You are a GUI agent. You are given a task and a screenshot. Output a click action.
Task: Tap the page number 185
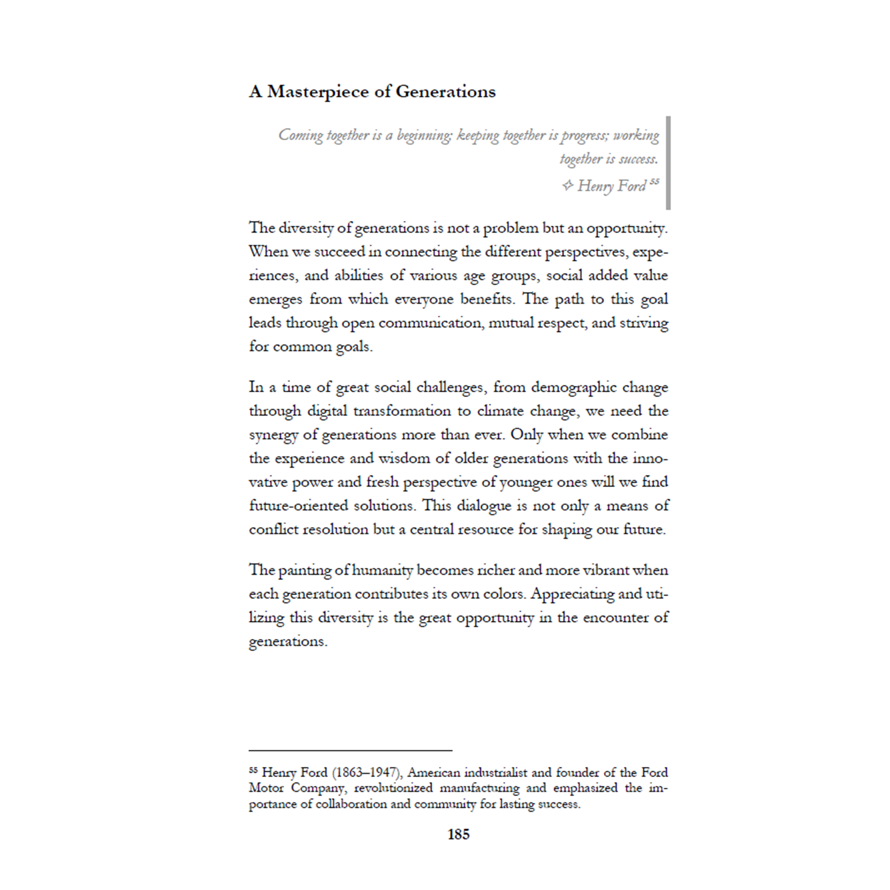coord(458,834)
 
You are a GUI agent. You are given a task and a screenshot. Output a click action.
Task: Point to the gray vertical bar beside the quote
coord(668,163)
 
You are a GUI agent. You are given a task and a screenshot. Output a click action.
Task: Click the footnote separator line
coord(351,750)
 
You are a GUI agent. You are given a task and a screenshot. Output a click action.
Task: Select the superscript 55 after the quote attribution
coord(654,182)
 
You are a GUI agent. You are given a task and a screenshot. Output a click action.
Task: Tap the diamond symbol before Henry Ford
coord(567,186)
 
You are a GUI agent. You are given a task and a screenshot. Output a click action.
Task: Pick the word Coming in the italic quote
coord(301,135)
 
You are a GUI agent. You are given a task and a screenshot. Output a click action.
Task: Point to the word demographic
coord(567,387)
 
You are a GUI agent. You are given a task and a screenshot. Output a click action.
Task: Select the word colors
coord(500,594)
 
